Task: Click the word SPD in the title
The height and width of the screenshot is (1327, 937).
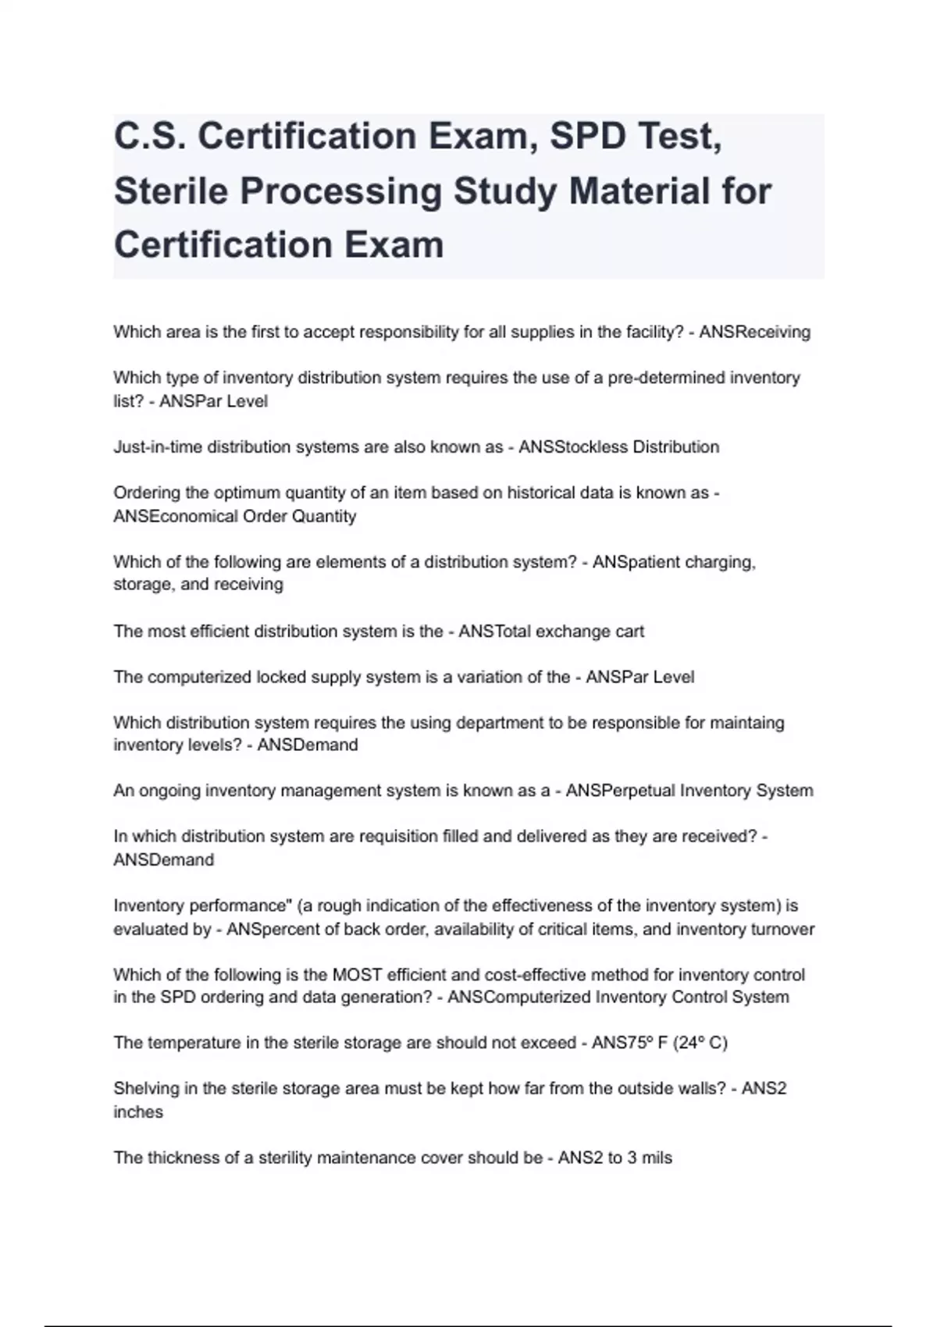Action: coord(588,136)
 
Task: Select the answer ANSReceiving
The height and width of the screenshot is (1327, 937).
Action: coord(754,332)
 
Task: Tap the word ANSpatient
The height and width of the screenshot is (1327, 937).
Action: coord(635,562)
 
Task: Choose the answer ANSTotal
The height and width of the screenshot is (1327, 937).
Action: coord(493,631)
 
